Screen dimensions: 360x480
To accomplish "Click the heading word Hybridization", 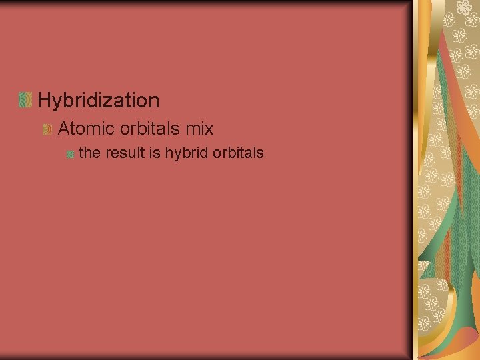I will tap(99, 101).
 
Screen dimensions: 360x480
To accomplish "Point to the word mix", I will tap(201, 127).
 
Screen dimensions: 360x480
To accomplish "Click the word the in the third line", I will tap(89, 153).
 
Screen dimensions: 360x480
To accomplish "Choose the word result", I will tap(125, 153).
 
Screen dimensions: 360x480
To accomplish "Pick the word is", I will tap(155, 153).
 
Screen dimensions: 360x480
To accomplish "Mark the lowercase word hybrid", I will tap(186, 153).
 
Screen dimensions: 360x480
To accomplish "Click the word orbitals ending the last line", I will tap(238, 153).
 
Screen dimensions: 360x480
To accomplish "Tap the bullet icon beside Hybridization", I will tap(25, 101).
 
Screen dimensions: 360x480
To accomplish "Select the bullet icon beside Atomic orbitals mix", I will tap(47, 128).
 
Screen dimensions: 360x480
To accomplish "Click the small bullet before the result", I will tap(69, 154).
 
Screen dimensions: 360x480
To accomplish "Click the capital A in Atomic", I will tap(65, 127).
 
